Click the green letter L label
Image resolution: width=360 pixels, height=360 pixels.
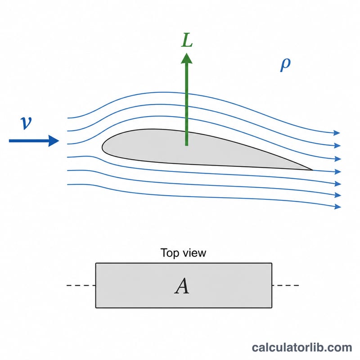point(187,40)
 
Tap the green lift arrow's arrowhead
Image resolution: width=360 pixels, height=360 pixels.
point(187,58)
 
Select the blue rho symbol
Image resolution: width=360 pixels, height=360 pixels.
point(285,65)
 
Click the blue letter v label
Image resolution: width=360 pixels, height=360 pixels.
point(26,123)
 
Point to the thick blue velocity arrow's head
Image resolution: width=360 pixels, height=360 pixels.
point(54,141)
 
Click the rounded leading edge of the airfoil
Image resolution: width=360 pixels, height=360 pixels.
point(103,147)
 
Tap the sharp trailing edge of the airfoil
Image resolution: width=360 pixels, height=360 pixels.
point(312,170)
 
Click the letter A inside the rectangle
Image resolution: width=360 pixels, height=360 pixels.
point(182,286)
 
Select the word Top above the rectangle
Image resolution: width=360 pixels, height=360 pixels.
point(170,253)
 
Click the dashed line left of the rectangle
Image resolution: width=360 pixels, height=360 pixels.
point(81,285)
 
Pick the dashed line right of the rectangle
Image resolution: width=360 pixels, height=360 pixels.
point(285,285)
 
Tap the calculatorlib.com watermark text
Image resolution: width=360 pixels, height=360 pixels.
point(302,347)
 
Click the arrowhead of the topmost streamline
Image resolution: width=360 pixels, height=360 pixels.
point(337,133)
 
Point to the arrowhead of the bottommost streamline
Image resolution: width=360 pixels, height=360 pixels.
point(338,207)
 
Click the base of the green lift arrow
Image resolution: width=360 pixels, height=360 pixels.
point(187,145)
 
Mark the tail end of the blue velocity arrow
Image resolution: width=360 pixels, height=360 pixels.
point(9,141)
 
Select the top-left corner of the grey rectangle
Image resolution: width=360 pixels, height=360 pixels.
point(96,263)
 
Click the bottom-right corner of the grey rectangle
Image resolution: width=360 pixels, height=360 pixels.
point(272,308)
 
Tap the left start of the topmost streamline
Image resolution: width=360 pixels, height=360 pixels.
point(67,118)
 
